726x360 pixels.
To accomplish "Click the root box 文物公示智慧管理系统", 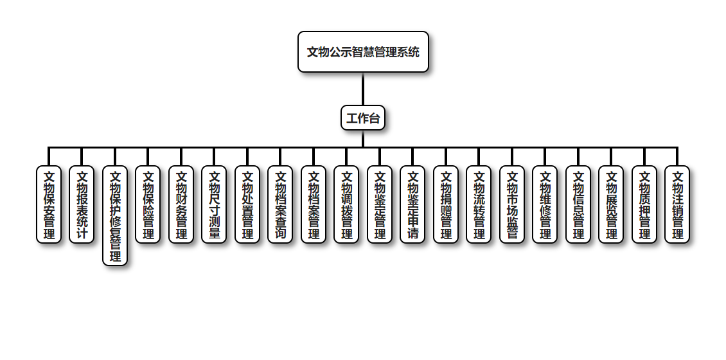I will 363,52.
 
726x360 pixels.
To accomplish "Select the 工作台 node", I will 363,118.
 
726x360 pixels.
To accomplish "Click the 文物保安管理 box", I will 49,204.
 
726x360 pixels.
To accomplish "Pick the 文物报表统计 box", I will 82,204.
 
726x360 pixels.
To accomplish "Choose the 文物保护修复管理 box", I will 115,216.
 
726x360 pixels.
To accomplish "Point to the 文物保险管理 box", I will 148,204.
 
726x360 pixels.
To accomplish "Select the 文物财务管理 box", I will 181,204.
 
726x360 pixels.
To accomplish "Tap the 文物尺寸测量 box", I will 214,204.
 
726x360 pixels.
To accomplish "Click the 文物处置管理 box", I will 247,204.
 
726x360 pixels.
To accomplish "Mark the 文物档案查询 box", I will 280,204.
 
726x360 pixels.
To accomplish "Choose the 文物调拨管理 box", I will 346,204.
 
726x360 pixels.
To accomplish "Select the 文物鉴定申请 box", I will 412,204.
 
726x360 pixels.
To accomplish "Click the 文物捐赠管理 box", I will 446,204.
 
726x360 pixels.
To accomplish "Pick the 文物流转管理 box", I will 479,204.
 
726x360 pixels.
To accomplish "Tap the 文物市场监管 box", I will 512,204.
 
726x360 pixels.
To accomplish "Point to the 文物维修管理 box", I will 545,204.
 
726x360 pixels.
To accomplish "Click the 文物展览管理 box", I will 611,204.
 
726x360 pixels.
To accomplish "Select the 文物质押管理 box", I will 644,204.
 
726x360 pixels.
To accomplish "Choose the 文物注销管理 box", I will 677,204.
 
